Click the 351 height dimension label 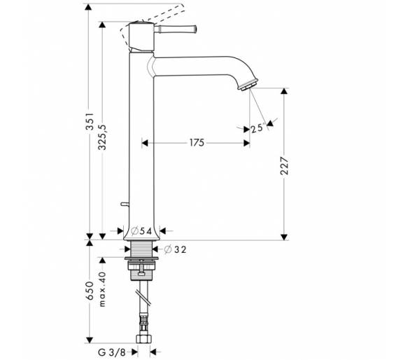click(x=90, y=121)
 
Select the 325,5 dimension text click(x=102, y=137)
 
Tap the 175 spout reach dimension click(x=197, y=143)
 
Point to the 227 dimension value click(x=284, y=166)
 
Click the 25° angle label click(x=257, y=128)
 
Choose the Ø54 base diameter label click(x=141, y=231)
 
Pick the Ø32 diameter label click(x=175, y=249)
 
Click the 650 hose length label click(x=90, y=291)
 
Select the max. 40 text click(x=102, y=289)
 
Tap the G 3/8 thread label click(x=112, y=352)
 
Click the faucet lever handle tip click(x=195, y=29)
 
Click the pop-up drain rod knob click(x=125, y=204)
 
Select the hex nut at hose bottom click(x=143, y=339)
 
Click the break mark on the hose click(x=143, y=298)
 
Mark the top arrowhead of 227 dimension click(x=284, y=91)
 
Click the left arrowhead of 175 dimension click(x=145, y=143)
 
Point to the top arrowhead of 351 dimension click(x=89, y=7)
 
